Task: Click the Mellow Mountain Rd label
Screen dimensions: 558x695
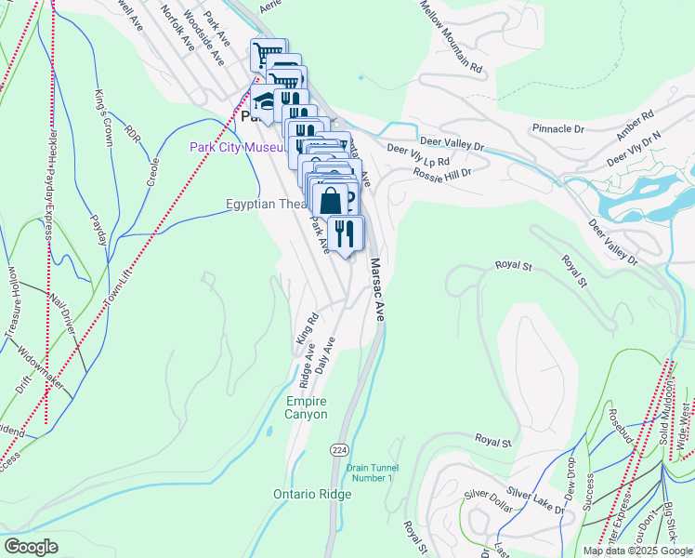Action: click(x=451, y=37)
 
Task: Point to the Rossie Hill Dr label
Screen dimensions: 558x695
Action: click(x=442, y=173)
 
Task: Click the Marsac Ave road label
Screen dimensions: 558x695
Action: click(x=377, y=290)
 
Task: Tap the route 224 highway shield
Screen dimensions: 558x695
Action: click(x=339, y=450)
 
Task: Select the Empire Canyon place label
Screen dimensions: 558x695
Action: click(x=307, y=407)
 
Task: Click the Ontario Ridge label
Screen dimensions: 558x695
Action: click(x=312, y=495)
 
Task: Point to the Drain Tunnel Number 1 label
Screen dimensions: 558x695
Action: click(x=371, y=472)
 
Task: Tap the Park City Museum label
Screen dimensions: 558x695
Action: click(x=237, y=147)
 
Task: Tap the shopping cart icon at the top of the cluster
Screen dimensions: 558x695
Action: click(x=268, y=54)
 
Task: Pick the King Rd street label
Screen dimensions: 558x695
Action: click(x=307, y=329)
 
